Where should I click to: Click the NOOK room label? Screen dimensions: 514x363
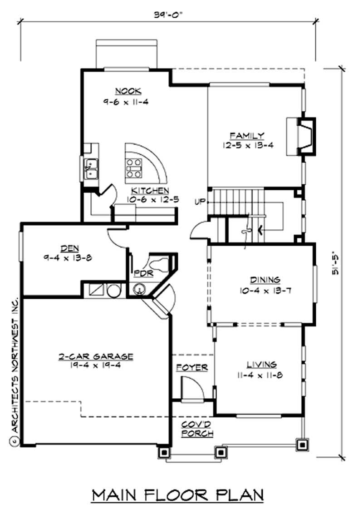pos(122,90)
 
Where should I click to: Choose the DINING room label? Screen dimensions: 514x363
pos(265,280)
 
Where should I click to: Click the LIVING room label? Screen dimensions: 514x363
pos(261,364)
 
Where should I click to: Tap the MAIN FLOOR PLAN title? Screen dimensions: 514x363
pos(178,495)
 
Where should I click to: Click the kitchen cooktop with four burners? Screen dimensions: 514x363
pos(134,168)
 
